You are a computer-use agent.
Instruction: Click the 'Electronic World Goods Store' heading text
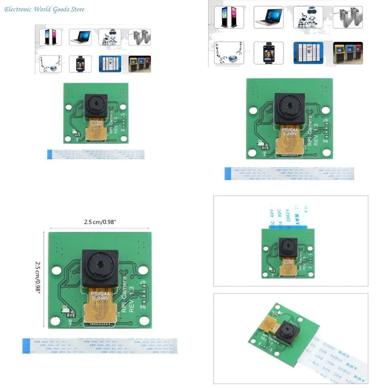[x=44, y=9]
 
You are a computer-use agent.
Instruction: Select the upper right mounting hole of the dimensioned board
[x=143, y=270]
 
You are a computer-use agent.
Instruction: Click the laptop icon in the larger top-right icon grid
[x=268, y=17]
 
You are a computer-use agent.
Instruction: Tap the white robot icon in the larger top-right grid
[x=308, y=17]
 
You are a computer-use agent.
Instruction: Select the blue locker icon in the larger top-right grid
[x=308, y=53]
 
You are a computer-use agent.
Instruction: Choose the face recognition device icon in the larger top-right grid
[x=268, y=53]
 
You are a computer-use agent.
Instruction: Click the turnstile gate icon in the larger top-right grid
[x=347, y=17]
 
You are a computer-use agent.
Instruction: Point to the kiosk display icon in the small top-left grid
[x=50, y=37]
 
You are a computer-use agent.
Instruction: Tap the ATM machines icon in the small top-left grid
[x=140, y=64]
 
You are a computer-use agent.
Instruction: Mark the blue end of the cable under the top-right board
[x=228, y=174]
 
